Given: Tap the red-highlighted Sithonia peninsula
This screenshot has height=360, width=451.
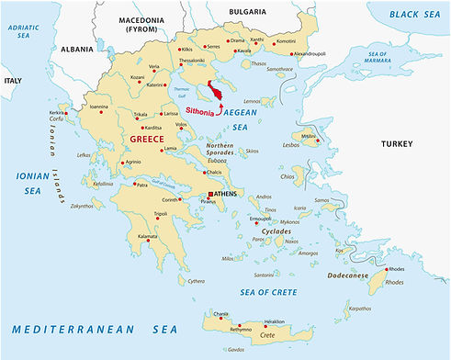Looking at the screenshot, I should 220,91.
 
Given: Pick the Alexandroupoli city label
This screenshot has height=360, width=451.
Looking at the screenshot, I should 310,54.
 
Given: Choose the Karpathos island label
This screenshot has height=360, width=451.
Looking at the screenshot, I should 359,309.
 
